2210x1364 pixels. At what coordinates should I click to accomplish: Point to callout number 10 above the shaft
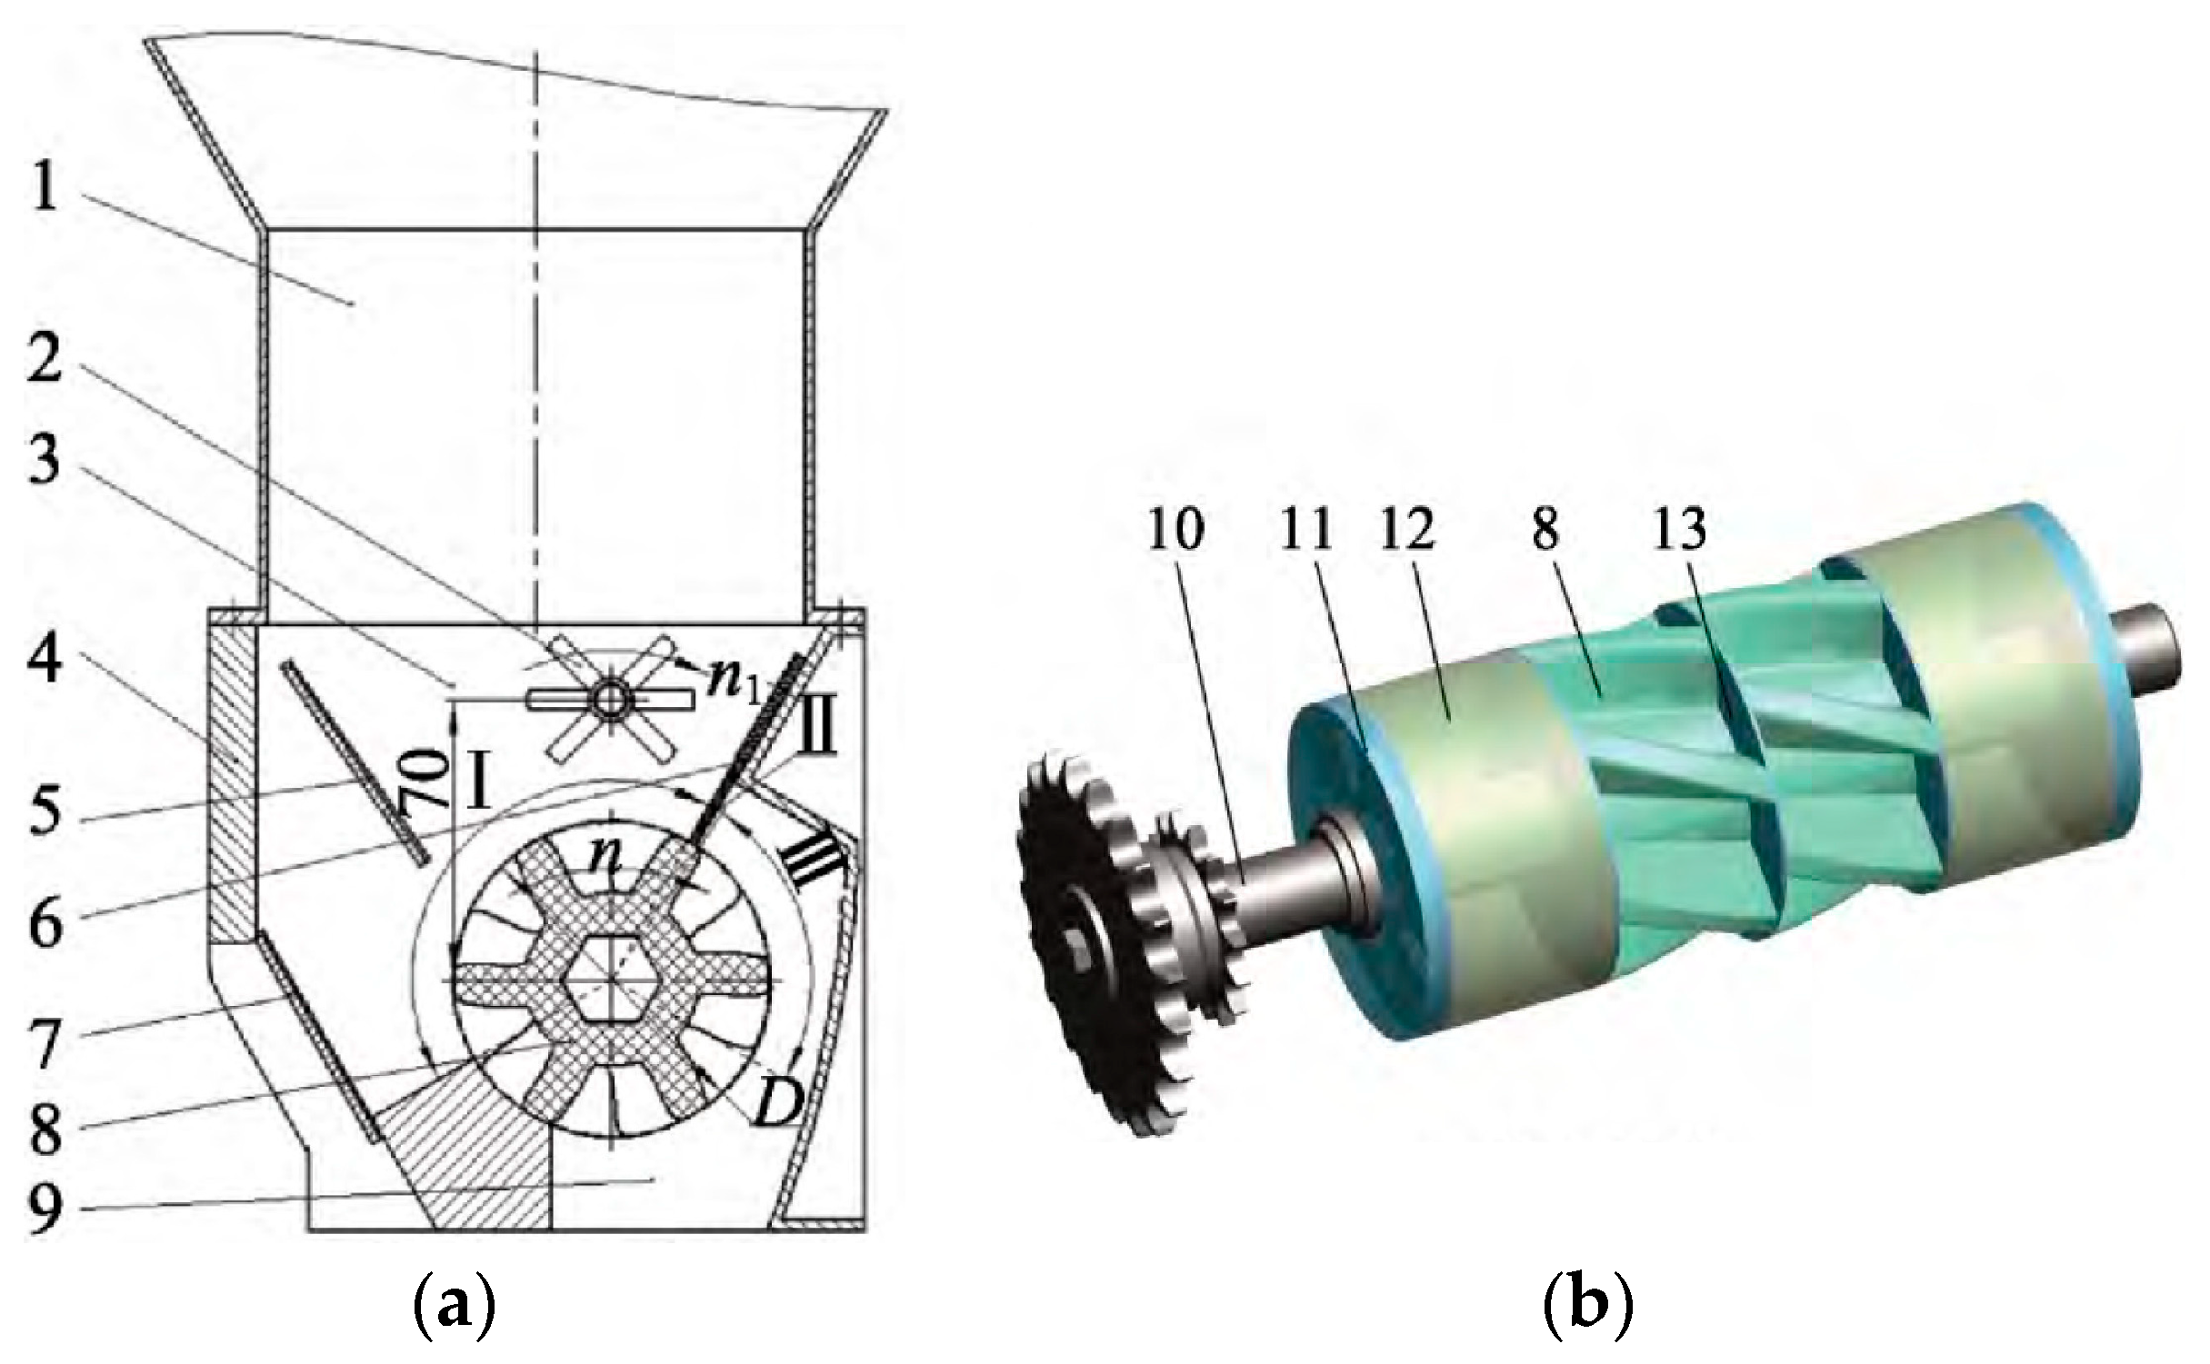[x=1175, y=529]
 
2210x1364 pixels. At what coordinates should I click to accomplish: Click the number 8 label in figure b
[x=1545, y=529]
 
